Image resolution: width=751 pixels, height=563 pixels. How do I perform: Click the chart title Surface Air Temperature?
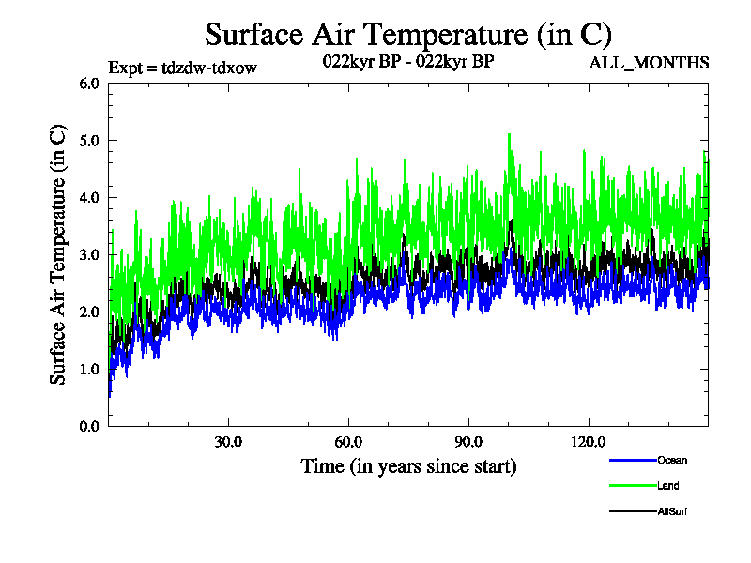[408, 36]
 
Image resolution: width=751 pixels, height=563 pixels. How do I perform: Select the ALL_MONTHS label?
[649, 63]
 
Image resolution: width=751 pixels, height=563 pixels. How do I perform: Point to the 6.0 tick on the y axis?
[89, 83]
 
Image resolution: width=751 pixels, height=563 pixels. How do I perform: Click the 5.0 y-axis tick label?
[89, 140]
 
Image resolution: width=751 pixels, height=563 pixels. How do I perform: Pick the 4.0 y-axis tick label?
[89, 197]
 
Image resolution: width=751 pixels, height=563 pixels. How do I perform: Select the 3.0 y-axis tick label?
[89, 254]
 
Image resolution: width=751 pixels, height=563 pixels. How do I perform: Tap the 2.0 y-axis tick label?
[89, 312]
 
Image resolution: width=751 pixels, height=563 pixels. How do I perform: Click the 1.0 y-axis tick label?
[89, 369]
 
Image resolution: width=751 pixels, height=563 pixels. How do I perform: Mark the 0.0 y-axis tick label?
[89, 426]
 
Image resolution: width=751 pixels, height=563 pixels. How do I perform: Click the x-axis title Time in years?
[408, 466]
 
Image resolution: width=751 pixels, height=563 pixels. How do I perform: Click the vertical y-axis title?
[58, 254]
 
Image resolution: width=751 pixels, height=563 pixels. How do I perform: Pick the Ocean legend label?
[672, 460]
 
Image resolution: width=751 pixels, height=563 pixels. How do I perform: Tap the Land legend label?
[668, 486]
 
